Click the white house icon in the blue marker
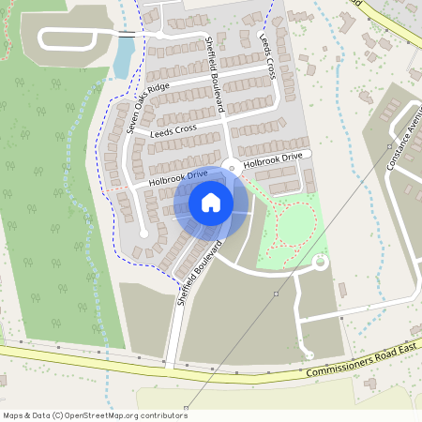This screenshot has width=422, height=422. coord(210,202)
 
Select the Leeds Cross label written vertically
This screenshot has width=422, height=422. coord(266,58)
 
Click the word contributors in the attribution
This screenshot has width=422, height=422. coord(162,415)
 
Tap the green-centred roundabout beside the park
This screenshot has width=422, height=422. coord(320,263)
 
